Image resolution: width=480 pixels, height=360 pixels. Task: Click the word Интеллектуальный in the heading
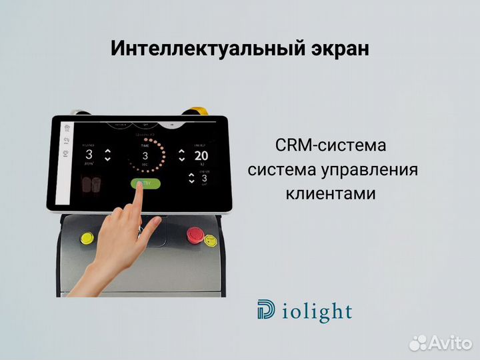187,49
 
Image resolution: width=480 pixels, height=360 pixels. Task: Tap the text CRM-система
330,145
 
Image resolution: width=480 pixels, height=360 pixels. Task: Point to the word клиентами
331,194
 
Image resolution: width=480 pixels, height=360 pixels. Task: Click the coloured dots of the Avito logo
418,343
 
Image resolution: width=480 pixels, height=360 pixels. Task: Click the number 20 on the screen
201,156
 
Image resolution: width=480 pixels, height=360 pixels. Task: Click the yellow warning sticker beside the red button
211,239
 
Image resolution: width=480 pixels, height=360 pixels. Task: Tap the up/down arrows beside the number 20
181,155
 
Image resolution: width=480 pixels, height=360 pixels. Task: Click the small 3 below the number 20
204,178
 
